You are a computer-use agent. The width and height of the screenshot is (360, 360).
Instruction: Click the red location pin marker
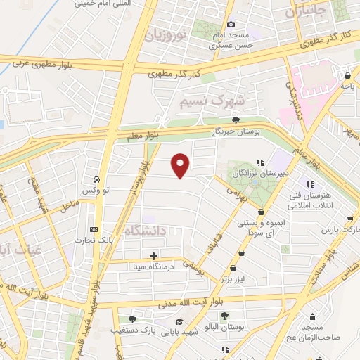click(x=181, y=165)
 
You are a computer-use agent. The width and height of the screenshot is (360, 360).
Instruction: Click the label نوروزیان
click(x=167, y=34)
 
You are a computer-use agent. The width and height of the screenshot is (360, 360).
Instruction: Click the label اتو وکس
click(x=96, y=191)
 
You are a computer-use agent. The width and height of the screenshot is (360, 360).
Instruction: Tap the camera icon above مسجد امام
click(x=231, y=25)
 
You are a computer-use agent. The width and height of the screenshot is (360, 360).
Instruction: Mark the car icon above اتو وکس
click(x=97, y=180)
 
